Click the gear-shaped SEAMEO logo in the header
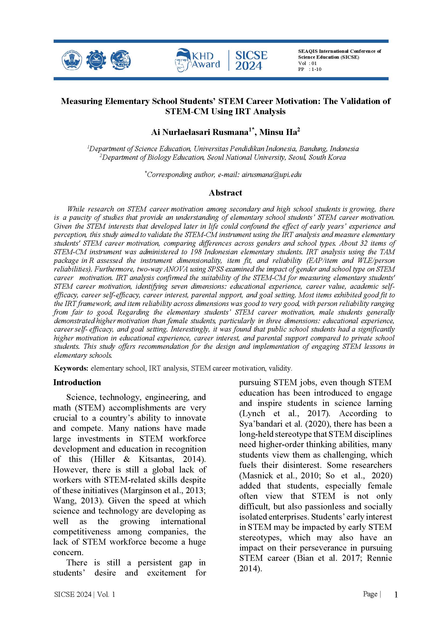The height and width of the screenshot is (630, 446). pyautogui.click(x=96, y=60)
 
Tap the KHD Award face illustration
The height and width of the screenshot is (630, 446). pyautogui.click(x=183, y=61)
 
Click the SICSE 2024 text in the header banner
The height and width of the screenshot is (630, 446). pyautogui.click(x=251, y=60)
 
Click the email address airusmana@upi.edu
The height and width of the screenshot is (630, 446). pyautogui.click(x=271, y=175)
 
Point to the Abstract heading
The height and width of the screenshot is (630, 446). pyautogui.click(x=225, y=193)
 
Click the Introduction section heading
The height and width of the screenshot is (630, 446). pyautogui.click(x=77, y=382)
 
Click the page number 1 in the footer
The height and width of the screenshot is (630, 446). pyautogui.click(x=396, y=595)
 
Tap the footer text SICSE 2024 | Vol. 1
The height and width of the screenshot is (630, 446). pyautogui.click(x=85, y=594)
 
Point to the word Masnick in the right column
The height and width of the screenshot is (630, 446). pyautogui.click(x=256, y=475)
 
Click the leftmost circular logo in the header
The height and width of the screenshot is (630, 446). pyautogui.click(x=72, y=60)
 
